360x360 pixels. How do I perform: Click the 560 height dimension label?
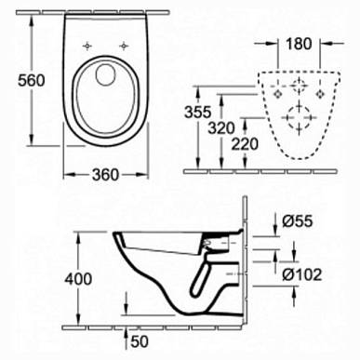tap(32, 81)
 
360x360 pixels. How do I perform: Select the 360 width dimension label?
tap(105, 175)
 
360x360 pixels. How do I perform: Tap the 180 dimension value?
tap(299, 44)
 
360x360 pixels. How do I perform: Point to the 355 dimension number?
tap(198, 112)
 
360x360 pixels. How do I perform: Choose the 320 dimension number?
tap(221, 127)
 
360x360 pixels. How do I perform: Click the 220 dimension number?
tap(245, 144)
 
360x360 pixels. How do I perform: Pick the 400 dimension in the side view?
tap(78, 278)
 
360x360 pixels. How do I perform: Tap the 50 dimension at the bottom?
tap(140, 341)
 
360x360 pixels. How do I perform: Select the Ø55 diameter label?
tap(298, 221)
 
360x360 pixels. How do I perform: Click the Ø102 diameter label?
tap(302, 274)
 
